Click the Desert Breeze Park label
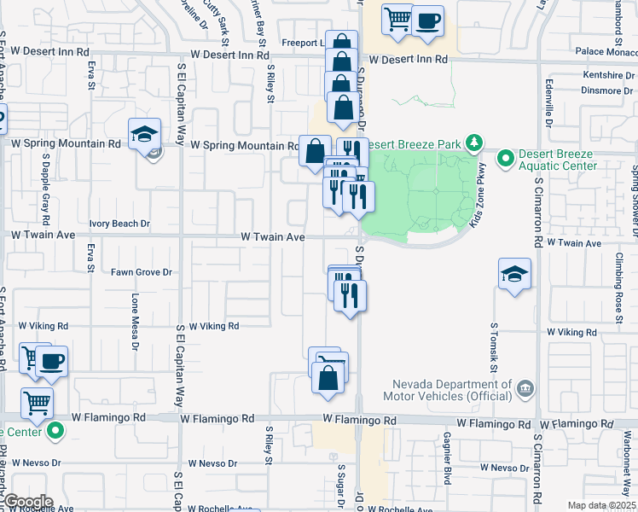[x=416, y=143]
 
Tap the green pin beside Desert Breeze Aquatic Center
[x=505, y=158]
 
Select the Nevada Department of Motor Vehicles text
[x=457, y=390]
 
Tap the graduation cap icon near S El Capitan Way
[x=144, y=134]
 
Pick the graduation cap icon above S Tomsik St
[x=514, y=274]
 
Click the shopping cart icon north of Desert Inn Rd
[x=397, y=19]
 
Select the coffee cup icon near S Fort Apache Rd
[x=51, y=361]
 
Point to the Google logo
[x=27, y=502]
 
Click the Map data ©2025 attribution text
[x=602, y=505]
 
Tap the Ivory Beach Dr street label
[x=115, y=224]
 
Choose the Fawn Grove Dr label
[x=142, y=272]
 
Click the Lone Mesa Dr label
[x=135, y=323]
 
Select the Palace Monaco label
[x=601, y=52]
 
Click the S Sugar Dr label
[x=339, y=482]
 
